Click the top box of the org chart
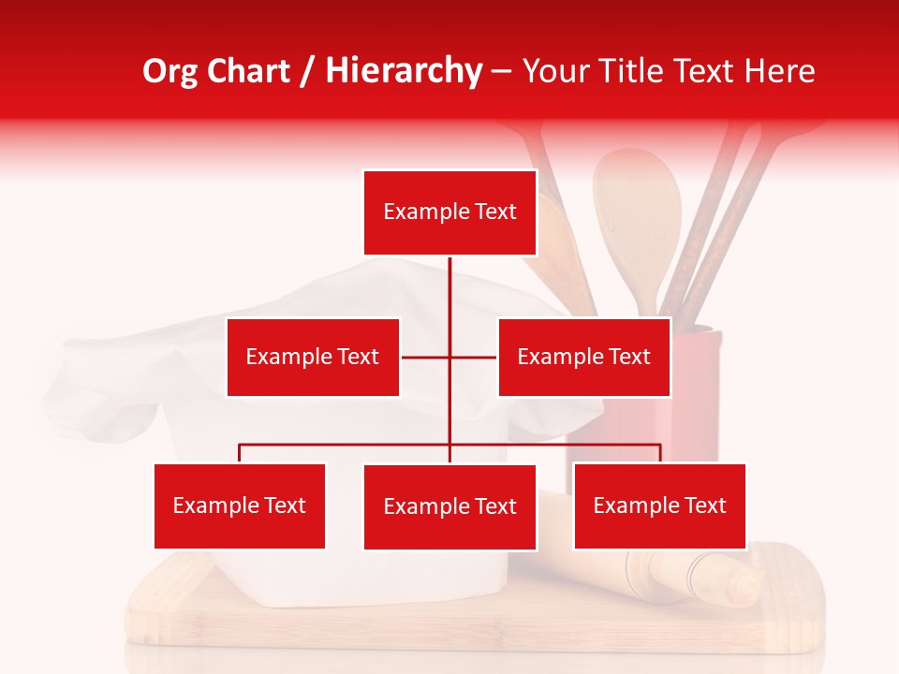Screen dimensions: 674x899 click(449, 212)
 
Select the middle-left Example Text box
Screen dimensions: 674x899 click(313, 357)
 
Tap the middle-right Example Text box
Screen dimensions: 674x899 click(583, 357)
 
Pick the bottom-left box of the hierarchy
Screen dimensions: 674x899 click(240, 505)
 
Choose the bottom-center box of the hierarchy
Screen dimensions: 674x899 click(449, 506)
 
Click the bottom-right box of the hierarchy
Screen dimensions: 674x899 click(659, 505)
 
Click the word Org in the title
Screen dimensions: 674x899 click(169, 72)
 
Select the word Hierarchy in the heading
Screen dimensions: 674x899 click(404, 72)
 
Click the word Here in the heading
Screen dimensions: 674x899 click(779, 72)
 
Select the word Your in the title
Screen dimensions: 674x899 click(553, 72)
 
